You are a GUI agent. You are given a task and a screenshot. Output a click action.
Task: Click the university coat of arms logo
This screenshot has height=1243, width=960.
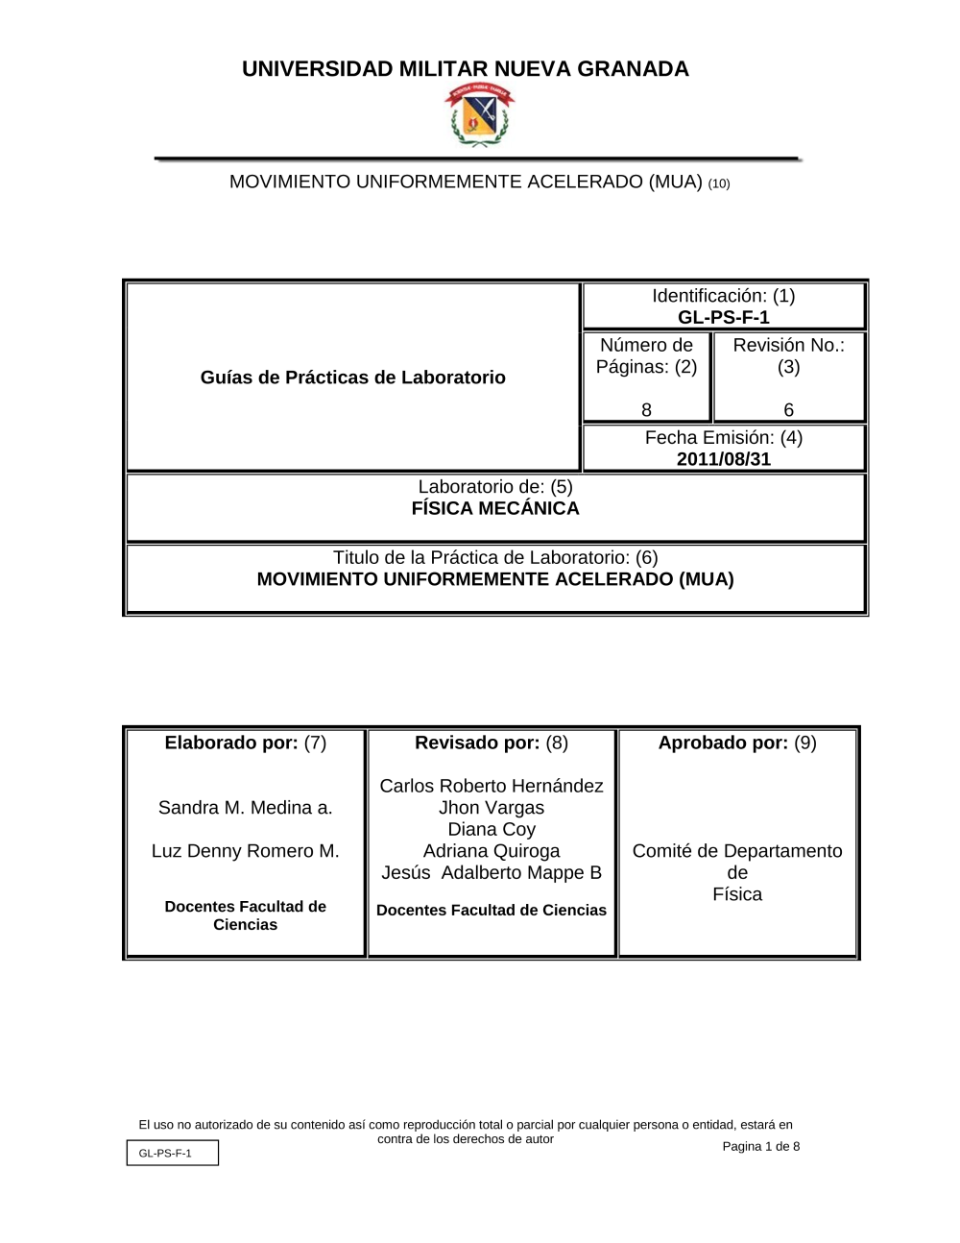tap(479, 115)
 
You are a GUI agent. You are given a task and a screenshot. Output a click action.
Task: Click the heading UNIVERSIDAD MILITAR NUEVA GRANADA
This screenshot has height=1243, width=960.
tap(466, 69)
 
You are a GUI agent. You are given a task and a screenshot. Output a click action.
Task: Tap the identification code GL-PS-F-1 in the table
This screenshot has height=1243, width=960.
tap(723, 318)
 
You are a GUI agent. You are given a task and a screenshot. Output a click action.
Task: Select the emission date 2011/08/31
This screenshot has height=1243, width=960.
tap(723, 459)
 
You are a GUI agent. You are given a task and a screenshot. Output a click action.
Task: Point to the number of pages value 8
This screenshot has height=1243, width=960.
tap(646, 410)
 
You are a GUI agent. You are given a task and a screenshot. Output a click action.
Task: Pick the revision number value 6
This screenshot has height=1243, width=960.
tap(788, 410)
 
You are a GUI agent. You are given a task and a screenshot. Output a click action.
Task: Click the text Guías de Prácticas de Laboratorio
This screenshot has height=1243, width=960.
tap(352, 378)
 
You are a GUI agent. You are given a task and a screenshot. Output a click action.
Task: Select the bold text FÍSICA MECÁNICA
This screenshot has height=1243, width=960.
tap(495, 509)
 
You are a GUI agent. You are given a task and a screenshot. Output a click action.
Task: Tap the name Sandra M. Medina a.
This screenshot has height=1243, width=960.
tap(245, 808)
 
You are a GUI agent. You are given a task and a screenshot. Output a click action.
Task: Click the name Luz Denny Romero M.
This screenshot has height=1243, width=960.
tap(245, 851)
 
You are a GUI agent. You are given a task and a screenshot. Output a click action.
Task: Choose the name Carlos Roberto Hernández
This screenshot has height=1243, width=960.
tap(492, 786)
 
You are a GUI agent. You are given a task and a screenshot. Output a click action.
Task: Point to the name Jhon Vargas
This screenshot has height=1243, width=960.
tap(492, 808)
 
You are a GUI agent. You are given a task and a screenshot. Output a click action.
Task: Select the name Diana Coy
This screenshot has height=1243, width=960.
tap(492, 829)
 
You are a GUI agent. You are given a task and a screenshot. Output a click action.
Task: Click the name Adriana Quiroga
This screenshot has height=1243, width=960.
tap(492, 851)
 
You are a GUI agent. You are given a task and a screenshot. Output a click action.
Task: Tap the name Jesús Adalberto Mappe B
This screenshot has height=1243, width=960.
tap(492, 872)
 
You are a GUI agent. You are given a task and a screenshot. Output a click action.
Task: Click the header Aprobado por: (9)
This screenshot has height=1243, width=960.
tap(737, 743)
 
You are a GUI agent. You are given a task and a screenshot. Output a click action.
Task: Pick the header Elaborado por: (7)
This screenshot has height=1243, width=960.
tap(245, 743)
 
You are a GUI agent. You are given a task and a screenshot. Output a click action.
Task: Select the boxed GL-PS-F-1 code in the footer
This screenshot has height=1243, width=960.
tap(172, 1153)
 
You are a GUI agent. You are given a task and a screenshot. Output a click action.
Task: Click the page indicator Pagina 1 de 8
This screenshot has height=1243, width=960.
tap(760, 1146)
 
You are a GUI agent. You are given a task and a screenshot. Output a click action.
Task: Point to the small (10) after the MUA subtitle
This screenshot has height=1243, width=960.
tap(718, 183)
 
